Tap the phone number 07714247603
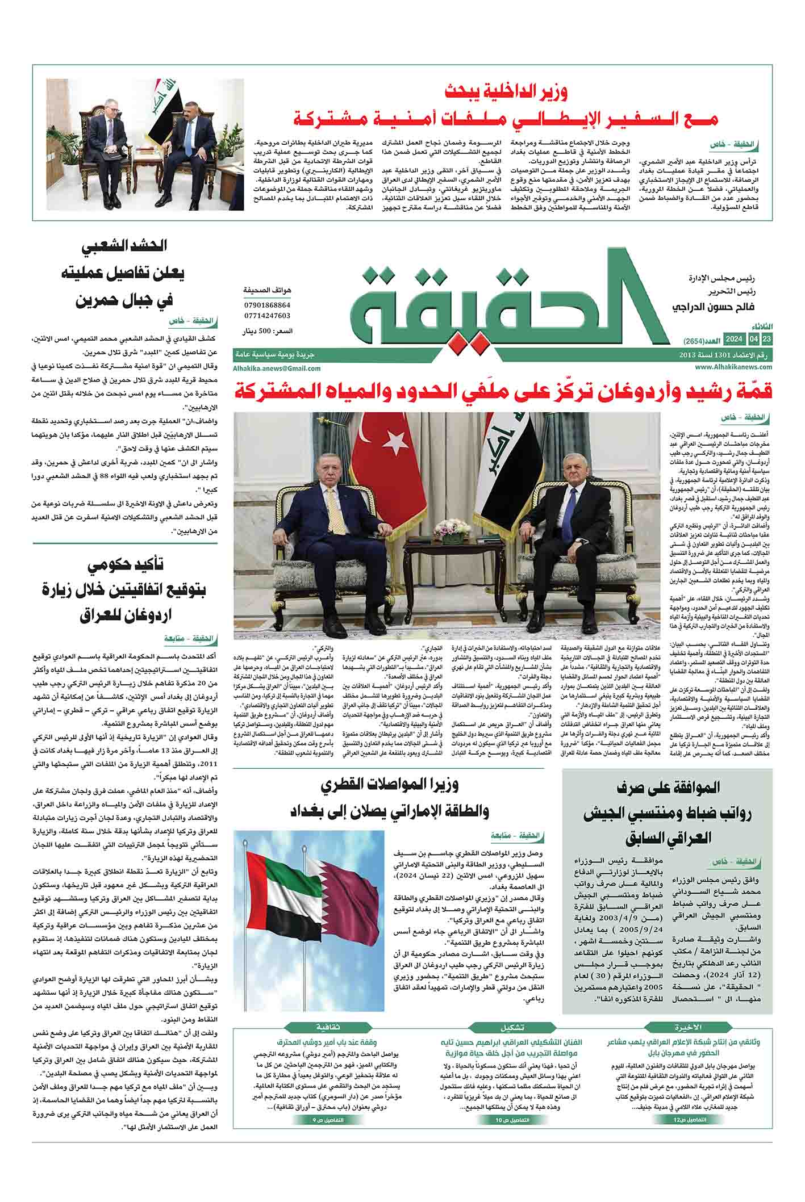pyautogui.click(x=266, y=316)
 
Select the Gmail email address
pyautogui.click(x=277, y=368)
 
